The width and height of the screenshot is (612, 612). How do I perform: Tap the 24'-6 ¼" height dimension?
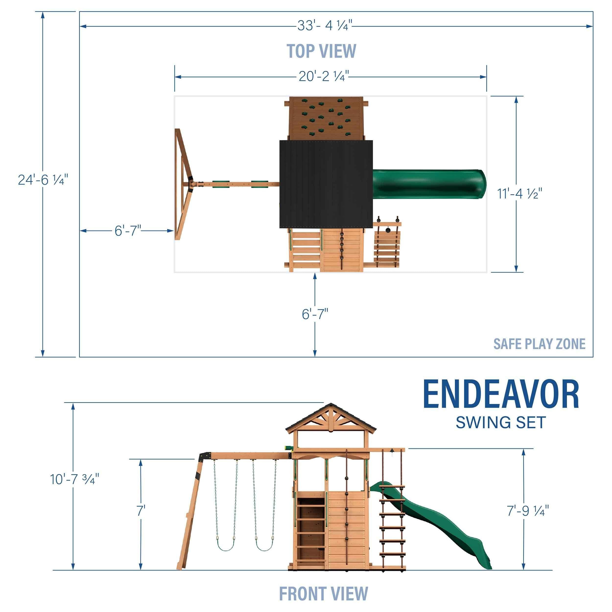click(43, 180)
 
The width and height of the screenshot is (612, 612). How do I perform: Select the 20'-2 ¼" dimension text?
click(323, 76)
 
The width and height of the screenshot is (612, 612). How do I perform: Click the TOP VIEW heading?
click(321, 51)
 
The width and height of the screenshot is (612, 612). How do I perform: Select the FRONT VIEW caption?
click(323, 593)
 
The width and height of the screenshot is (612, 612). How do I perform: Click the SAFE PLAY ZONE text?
click(539, 344)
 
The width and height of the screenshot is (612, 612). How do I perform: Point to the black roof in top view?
click(326, 184)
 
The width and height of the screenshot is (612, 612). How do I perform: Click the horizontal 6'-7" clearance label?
click(128, 231)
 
